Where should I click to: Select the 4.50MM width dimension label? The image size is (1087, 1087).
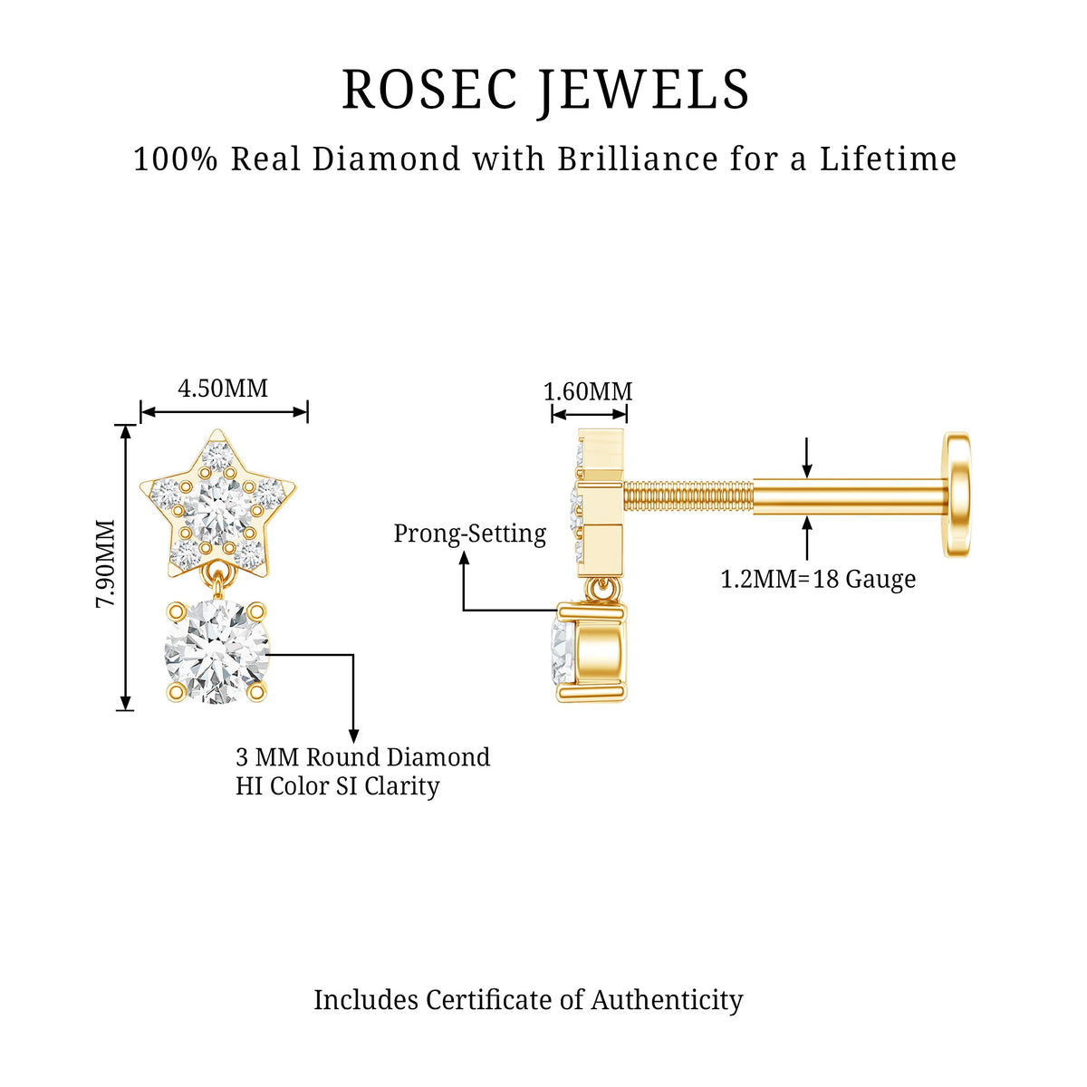(x=223, y=388)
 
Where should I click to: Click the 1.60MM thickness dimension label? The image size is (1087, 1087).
(x=588, y=391)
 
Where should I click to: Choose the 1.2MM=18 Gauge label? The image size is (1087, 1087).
(x=818, y=580)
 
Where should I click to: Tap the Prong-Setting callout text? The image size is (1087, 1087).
(x=470, y=534)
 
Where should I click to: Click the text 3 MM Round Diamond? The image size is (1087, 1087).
(x=362, y=757)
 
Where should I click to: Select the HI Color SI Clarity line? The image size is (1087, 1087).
(x=337, y=786)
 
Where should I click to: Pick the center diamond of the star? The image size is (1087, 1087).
(x=217, y=510)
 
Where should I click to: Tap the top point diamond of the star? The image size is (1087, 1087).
(x=217, y=457)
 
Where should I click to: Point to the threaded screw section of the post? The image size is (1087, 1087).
(x=688, y=497)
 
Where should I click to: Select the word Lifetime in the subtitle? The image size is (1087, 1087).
(x=888, y=159)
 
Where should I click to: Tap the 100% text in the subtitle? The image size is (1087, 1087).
(x=176, y=159)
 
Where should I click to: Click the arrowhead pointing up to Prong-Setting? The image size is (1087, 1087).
(x=464, y=558)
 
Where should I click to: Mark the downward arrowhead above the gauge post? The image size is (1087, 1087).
(x=807, y=471)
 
